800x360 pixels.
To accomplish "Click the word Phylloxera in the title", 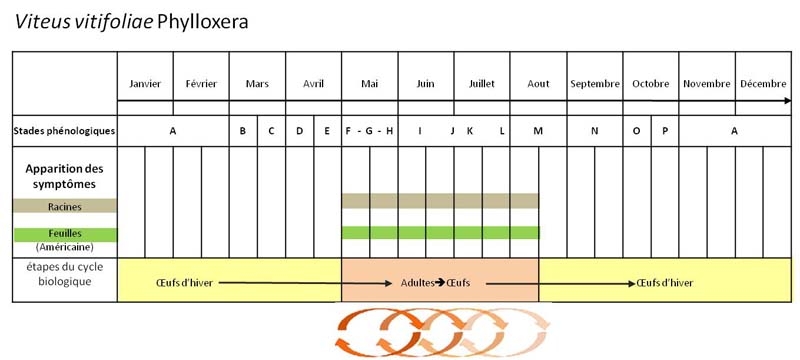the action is tap(203, 23).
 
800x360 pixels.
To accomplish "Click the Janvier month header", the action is tap(145, 84).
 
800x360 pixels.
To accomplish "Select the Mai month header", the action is tap(369, 84).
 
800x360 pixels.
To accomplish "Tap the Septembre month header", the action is tap(595, 84).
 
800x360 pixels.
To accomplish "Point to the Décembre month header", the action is tap(763, 84).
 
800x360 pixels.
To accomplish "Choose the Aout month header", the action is tap(538, 84).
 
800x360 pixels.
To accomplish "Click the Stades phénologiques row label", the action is tap(65, 131).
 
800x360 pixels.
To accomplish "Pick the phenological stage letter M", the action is tap(538, 131).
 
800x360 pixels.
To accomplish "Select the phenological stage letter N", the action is tap(594, 131).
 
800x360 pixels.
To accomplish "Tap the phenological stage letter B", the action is tap(243, 131).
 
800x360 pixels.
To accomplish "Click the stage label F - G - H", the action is tap(369, 131).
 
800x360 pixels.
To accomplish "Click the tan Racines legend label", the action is tap(65, 206).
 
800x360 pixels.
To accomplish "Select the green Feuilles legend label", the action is tap(65, 235).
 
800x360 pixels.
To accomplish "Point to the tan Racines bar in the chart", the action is tap(440, 201).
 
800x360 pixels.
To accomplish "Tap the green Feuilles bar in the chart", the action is tap(440, 233).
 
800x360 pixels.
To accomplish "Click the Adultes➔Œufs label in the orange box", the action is tap(435, 282).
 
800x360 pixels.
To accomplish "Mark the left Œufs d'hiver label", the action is tap(184, 282).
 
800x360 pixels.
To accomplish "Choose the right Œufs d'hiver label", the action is tap(665, 282).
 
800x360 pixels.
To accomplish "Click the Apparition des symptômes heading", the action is tap(65, 176).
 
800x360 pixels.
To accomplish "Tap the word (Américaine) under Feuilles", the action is tap(65, 247).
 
